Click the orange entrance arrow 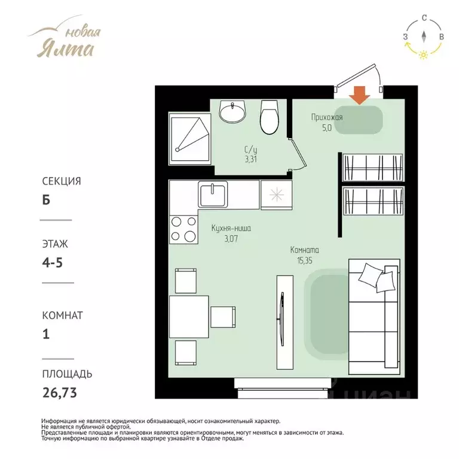click(360, 96)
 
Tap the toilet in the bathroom click(270, 117)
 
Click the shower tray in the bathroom click(190, 139)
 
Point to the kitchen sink click(213, 194)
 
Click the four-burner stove click(183, 229)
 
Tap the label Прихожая click(327, 118)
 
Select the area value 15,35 click(305, 261)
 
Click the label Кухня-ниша click(231, 228)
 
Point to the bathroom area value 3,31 click(251, 160)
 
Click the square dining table click(189, 317)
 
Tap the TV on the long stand click(281, 319)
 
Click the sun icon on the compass click(423, 55)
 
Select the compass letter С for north click(424, 18)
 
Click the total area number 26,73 click(60, 393)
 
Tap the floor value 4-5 click(53, 262)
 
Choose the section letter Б click(46, 200)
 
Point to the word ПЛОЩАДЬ click(67, 374)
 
